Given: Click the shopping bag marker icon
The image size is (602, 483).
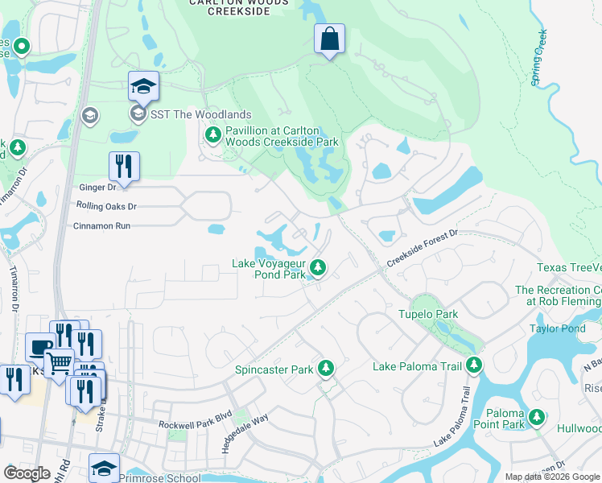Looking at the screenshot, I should coord(329,39).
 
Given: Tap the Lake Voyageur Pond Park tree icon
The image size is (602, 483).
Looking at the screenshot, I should coord(319,266).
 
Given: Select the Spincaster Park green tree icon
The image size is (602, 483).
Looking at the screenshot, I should coord(326,368).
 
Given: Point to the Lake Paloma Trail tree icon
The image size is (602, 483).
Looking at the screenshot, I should coord(474,365).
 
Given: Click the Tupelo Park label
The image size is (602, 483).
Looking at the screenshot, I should coord(428,314).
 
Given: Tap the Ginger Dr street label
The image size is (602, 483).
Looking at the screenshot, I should coord(97,187).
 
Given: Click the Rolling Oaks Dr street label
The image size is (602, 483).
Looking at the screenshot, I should coord(106,206).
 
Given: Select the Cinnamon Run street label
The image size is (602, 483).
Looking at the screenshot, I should coord(102,226).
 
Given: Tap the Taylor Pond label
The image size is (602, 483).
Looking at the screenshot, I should coord(557,328).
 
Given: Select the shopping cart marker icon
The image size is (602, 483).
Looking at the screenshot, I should coord(59,363).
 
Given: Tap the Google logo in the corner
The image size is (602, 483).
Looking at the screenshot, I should coord(27,473).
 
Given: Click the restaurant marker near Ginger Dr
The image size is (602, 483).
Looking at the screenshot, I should coord(124,167).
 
